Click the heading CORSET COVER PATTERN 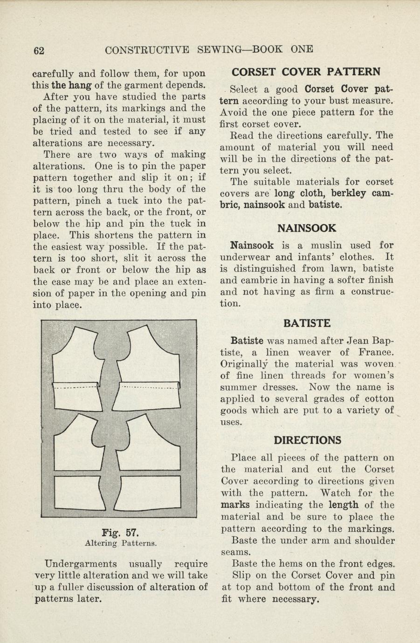[306, 72]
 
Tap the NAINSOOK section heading [306, 228]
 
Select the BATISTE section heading [307, 323]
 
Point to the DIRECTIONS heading [307, 440]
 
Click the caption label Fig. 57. [120, 532]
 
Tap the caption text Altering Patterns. [120, 543]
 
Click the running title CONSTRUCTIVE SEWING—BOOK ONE [209, 49]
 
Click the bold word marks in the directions [235, 505]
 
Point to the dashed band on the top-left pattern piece [76, 386]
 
